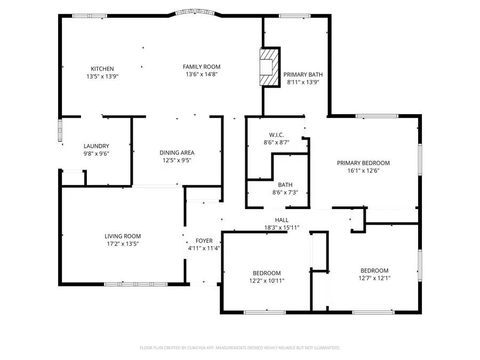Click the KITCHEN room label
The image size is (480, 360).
(x=102, y=68)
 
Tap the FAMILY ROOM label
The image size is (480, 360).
(x=202, y=67)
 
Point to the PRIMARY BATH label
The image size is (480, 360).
(x=303, y=75)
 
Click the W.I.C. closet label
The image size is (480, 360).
(x=276, y=135)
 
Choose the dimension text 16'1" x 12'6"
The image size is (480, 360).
(x=363, y=171)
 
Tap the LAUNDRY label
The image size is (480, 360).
(x=97, y=146)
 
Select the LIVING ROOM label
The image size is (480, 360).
(x=123, y=236)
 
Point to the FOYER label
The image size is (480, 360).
(x=204, y=241)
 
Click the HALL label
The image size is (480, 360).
(x=282, y=220)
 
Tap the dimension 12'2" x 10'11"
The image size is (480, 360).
(x=267, y=281)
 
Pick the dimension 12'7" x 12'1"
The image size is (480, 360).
(x=374, y=278)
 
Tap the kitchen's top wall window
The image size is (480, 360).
(x=89, y=16)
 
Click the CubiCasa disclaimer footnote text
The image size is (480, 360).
(x=239, y=348)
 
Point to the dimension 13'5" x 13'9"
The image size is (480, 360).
(x=102, y=76)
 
